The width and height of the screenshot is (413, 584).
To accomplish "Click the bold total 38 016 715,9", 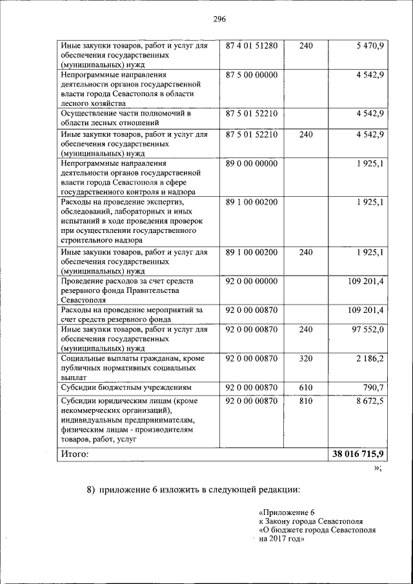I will click(x=358, y=454).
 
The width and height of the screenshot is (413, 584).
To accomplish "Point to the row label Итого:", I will click(x=75, y=454).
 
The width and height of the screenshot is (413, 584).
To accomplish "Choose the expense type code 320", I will click(x=306, y=358).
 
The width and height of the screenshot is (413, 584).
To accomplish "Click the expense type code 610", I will click(x=306, y=387).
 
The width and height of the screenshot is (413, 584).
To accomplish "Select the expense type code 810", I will click(x=306, y=401).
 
